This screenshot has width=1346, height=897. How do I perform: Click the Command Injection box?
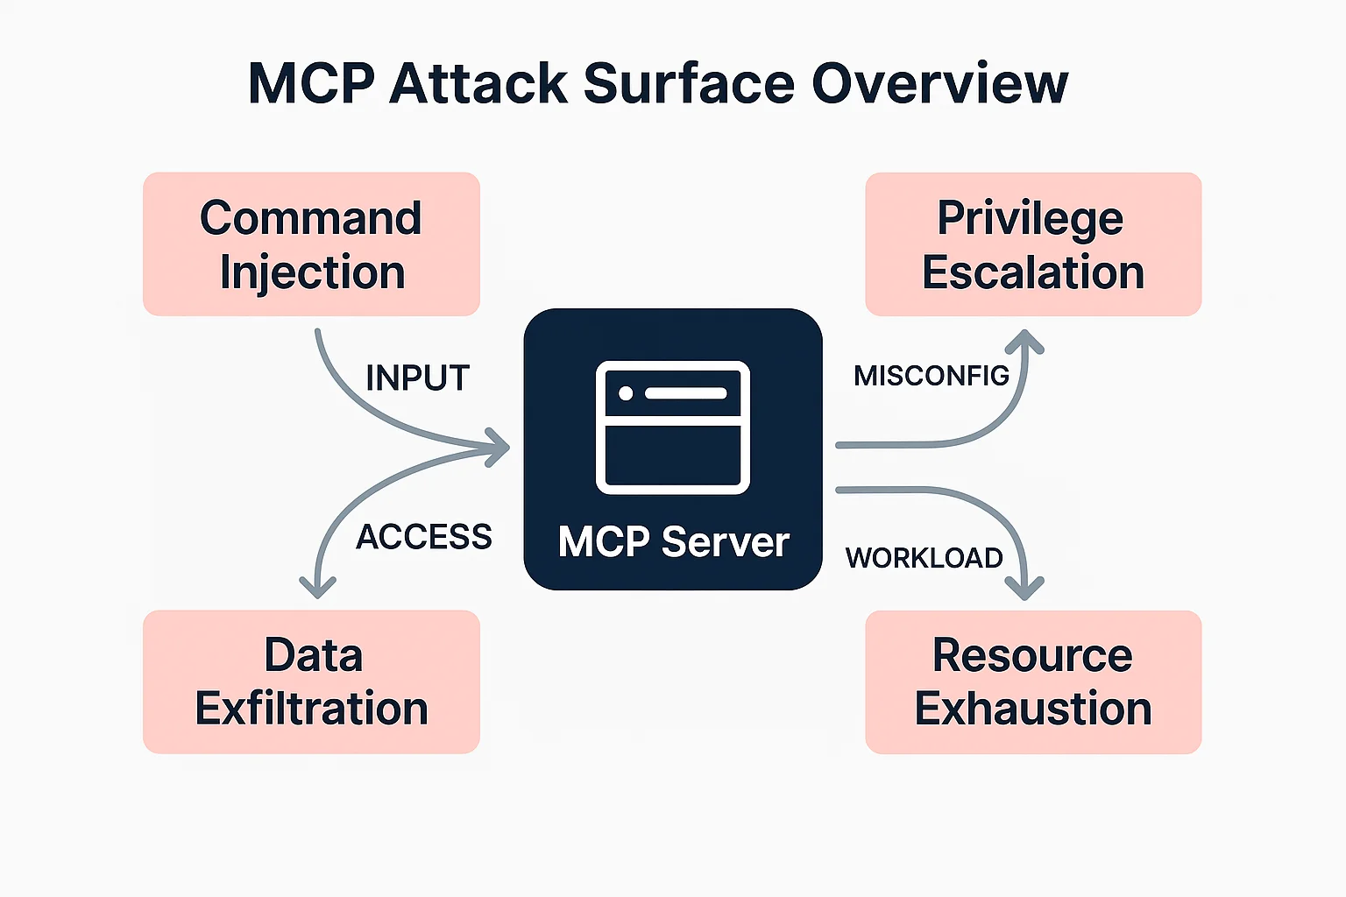311,244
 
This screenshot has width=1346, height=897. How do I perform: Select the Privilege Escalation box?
1032,244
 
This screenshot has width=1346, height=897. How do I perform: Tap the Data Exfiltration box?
311,682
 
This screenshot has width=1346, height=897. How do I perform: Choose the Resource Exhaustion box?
1032,682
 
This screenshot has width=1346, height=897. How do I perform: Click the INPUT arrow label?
417,378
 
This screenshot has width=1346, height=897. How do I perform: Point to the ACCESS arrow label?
424,537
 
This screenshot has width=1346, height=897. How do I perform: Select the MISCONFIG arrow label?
931,376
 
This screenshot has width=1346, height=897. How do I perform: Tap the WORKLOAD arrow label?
924,558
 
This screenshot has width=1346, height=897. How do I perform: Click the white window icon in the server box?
672,427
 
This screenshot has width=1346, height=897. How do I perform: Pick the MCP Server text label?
673,542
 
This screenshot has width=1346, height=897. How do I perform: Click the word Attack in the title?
478,84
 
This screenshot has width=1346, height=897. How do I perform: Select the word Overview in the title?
939,84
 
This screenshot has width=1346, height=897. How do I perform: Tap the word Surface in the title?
690,84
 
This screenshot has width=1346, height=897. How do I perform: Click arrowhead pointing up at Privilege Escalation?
1025,342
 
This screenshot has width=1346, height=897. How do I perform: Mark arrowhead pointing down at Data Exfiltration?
317,588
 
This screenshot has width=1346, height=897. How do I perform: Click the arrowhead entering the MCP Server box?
499,447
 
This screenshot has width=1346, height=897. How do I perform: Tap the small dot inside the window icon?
626,393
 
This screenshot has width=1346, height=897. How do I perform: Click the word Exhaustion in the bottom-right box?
1032,709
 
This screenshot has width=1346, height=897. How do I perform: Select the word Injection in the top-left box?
312,272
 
